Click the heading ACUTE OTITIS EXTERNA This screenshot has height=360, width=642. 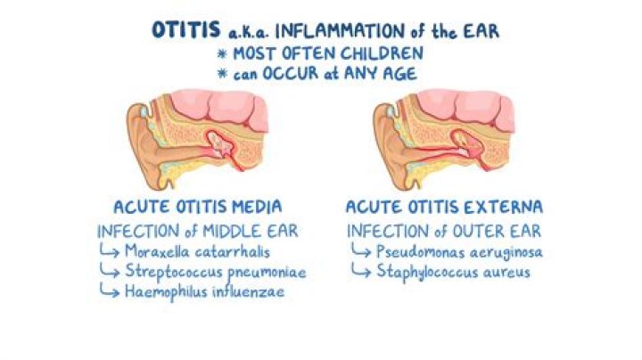click(x=443, y=207)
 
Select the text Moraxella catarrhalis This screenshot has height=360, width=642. click(x=192, y=250)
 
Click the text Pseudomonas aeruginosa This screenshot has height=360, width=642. click(x=460, y=251)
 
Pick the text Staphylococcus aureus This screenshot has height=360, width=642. click(x=455, y=272)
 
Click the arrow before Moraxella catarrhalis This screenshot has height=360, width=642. click(x=110, y=251)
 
